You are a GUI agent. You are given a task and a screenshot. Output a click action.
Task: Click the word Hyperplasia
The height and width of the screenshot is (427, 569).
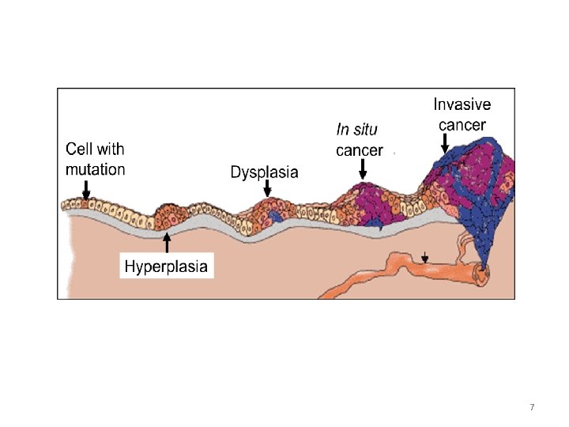pyautogui.click(x=167, y=266)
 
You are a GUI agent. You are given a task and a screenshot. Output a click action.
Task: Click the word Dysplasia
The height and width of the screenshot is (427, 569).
pyautogui.click(x=264, y=172)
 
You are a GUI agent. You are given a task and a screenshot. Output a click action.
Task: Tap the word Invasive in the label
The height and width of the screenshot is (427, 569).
pyautogui.click(x=462, y=104)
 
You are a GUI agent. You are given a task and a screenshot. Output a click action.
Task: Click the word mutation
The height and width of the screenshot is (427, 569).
pyautogui.click(x=95, y=169)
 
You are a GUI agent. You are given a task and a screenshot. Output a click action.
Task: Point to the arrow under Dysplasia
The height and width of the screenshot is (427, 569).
pyautogui.click(x=268, y=188)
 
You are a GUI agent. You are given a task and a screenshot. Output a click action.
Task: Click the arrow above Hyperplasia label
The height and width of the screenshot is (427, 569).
pyautogui.click(x=167, y=242)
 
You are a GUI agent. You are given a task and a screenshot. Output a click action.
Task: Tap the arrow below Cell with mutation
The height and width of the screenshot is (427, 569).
pyautogui.click(x=86, y=191)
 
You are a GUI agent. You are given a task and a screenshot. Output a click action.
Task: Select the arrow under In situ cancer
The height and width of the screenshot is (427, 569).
pyautogui.click(x=363, y=169)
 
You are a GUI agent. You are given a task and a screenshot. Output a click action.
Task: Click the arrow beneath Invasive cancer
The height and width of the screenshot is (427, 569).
pyautogui.click(x=445, y=143)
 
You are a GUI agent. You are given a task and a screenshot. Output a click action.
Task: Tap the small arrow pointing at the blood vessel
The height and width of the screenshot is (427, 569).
pyautogui.click(x=426, y=257)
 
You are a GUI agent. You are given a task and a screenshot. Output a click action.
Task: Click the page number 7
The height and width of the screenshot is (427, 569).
pyautogui.click(x=532, y=407)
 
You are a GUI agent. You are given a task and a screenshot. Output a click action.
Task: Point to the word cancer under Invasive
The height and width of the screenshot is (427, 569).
pyautogui.click(x=462, y=124)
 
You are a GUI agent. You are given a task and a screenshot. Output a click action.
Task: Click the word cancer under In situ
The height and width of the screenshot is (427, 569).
pyautogui.click(x=360, y=150)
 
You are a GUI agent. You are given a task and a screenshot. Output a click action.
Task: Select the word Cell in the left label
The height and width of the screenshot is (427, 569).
pyautogui.click(x=77, y=149)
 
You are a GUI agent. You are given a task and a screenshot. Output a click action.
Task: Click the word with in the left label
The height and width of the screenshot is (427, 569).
pyautogui.click(x=110, y=149)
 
